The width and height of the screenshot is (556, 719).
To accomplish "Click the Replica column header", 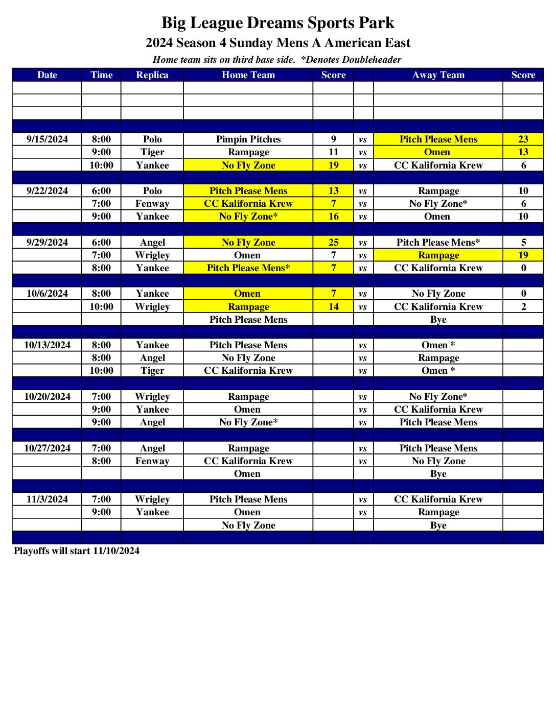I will click(x=152, y=75).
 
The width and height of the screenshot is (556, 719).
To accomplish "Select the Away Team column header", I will click(x=438, y=75).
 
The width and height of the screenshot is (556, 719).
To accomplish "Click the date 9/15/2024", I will click(x=47, y=139).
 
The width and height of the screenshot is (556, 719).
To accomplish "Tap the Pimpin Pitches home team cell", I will click(x=248, y=139).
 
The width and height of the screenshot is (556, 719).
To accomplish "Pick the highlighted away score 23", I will click(x=523, y=139).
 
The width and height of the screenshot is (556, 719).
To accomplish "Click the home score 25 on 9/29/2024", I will click(x=333, y=242).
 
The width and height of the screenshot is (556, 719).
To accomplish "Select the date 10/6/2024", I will click(x=47, y=294).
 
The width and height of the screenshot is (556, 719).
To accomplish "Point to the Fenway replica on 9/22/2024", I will click(x=152, y=204).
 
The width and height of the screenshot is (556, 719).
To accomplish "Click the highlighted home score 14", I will click(x=333, y=306).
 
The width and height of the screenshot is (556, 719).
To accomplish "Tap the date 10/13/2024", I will click(x=47, y=345).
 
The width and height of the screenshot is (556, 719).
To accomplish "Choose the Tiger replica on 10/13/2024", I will click(x=152, y=371).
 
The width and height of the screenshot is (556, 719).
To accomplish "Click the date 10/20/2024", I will click(x=47, y=397).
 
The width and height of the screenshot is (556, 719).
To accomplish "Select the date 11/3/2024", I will click(x=47, y=499).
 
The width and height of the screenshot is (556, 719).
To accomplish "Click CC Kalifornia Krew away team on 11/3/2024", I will click(x=438, y=499).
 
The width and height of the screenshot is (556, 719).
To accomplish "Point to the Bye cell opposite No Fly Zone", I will click(x=438, y=525).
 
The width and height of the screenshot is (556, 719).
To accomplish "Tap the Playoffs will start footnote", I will click(x=77, y=551).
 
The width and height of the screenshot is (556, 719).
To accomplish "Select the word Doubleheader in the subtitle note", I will click(x=372, y=60).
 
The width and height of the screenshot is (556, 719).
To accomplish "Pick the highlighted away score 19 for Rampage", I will click(x=523, y=255).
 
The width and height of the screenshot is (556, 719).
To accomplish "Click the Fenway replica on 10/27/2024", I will click(x=152, y=461).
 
